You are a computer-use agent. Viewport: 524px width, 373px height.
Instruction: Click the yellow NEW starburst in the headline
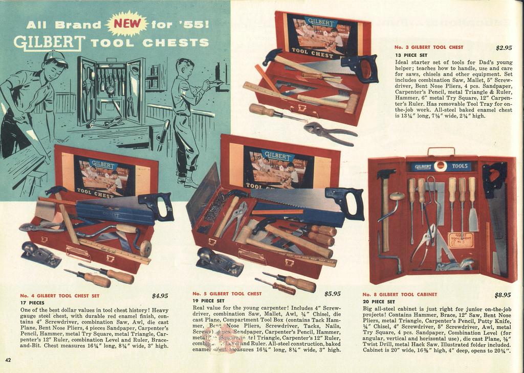[x=126, y=23]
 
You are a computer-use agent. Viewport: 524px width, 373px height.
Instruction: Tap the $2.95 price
[x=504, y=48]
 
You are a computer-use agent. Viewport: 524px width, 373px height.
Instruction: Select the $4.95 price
[x=160, y=295]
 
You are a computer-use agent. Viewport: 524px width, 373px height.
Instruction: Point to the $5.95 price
[x=332, y=294]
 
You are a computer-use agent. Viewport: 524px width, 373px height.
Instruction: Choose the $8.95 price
[x=503, y=295]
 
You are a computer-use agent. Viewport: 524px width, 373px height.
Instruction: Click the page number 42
[x=8, y=360]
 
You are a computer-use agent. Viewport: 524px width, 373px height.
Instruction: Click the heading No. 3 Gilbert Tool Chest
[x=428, y=47]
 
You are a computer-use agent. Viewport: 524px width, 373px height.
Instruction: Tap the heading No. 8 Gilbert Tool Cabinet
[x=400, y=295]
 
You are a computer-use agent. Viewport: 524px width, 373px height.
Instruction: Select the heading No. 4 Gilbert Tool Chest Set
[x=59, y=295]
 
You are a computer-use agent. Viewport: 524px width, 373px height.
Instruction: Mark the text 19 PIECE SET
[x=208, y=301]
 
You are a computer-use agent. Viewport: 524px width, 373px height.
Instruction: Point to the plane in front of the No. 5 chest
[x=219, y=261]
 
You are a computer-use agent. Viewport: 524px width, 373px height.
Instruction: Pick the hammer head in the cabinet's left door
[x=385, y=174]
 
